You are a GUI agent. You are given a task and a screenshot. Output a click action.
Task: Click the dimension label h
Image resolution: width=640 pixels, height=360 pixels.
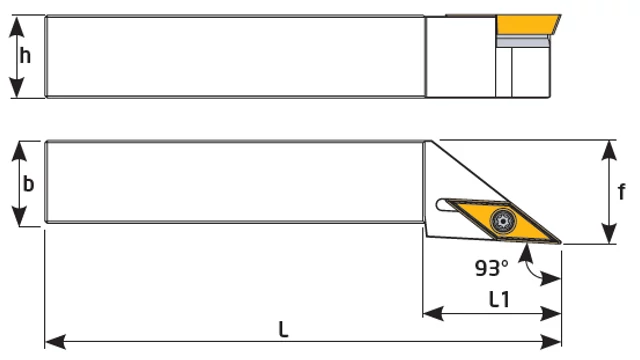(25, 56)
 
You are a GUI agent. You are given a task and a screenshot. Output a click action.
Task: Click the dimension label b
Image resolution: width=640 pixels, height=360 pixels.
(28, 184)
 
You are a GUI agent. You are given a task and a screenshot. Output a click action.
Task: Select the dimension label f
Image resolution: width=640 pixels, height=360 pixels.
(621, 191)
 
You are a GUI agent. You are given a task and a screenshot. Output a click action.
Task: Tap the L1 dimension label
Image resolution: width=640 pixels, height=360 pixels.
(499, 300)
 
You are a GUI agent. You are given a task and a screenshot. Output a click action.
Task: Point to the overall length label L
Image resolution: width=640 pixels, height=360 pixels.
(283, 329)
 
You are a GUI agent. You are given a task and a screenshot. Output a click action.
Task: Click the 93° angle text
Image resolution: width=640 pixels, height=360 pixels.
(492, 269)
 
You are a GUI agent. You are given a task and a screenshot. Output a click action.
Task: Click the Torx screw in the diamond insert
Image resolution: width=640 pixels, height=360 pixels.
(503, 221)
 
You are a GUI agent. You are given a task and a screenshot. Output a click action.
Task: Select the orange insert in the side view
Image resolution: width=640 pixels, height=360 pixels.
(527, 24)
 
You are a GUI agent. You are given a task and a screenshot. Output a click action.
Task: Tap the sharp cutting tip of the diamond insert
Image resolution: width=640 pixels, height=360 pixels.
(561, 243)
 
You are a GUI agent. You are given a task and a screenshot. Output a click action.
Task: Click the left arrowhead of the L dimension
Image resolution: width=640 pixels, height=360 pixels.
(55, 342)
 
